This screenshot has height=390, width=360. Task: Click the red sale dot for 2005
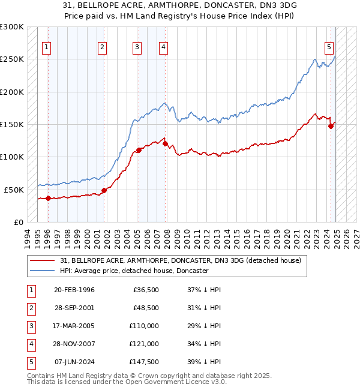point(139,150)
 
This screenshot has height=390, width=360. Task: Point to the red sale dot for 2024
point(331,126)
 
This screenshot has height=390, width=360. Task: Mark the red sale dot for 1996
point(48,198)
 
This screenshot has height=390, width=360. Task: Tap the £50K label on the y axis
point(14,190)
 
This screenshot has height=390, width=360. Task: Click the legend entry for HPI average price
point(134,271)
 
